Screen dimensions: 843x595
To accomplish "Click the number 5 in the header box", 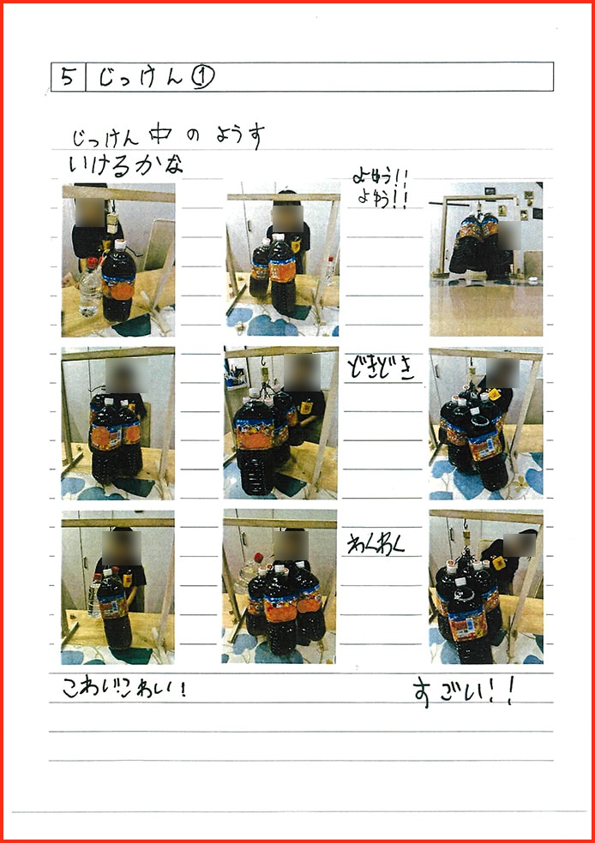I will click(x=67, y=77).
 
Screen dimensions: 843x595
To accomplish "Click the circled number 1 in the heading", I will click(x=203, y=77).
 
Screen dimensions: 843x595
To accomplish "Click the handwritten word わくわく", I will click(x=376, y=545).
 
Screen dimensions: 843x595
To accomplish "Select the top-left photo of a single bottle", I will click(x=118, y=260).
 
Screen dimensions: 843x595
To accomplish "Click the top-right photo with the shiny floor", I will click(x=485, y=260).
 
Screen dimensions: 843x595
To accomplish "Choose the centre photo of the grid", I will click(x=279, y=422).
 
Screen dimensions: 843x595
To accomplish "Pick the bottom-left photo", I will click(x=117, y=587).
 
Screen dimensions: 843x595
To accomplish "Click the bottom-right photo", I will click(x=485, y=587).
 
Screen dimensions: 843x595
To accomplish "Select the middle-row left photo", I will click(x=117, y=422).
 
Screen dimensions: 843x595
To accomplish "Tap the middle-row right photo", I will click(x=485, y=422).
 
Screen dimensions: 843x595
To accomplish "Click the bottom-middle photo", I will click(x=279, y=587).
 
